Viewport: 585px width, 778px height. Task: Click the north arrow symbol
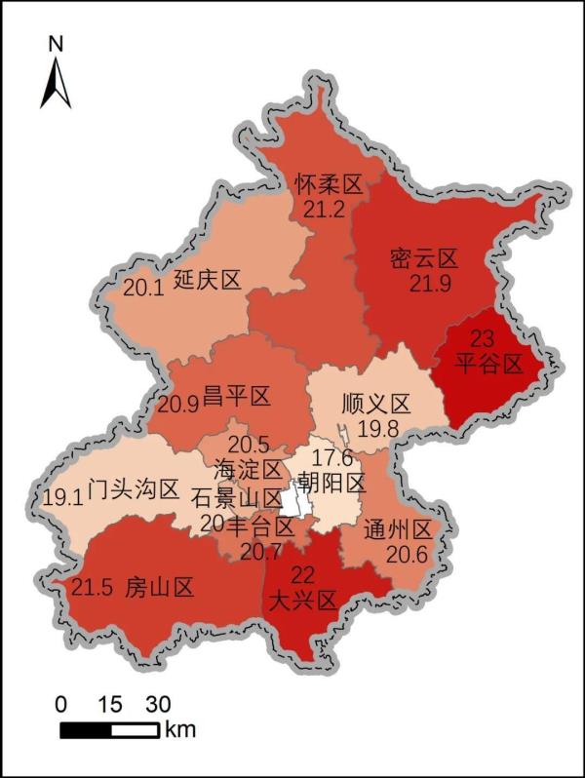tap(56, 82)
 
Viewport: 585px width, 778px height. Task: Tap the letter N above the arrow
tap(56, 44)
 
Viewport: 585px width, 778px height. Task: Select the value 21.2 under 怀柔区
tap(325, 210)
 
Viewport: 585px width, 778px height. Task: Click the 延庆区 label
tap(207, 281)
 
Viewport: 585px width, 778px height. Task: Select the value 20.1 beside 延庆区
tap(144, 288)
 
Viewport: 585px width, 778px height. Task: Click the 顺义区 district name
tap(376, 404)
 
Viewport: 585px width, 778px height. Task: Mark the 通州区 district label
tap(397, 530)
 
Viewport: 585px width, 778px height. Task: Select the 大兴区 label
tap(301, 600)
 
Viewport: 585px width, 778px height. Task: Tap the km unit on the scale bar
tap(179, 729)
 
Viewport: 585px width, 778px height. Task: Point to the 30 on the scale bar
tap(157, 704)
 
